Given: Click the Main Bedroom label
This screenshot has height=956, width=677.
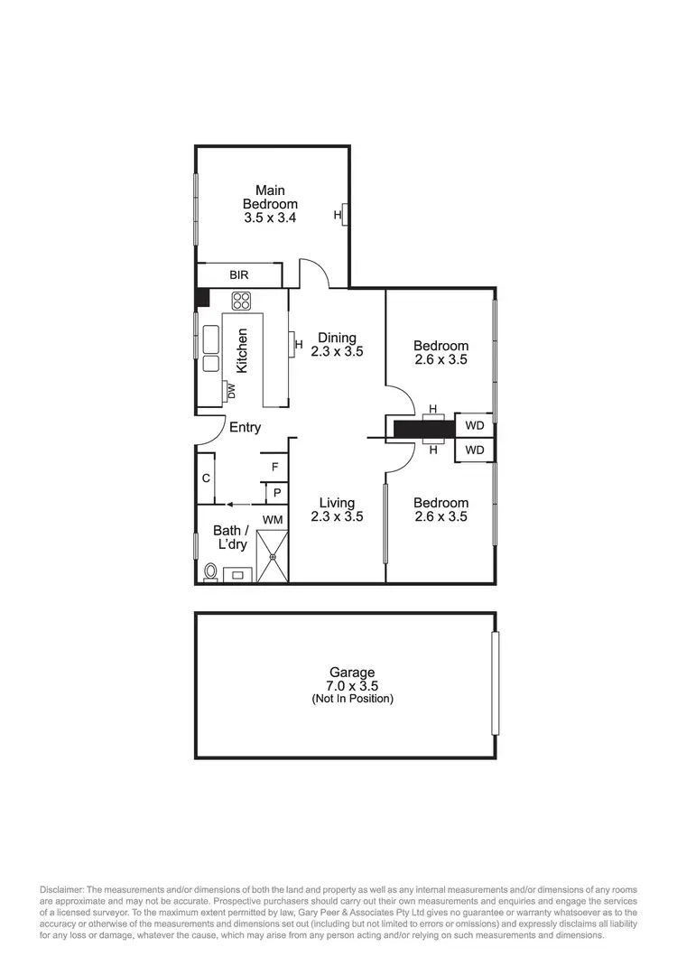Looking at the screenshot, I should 270,198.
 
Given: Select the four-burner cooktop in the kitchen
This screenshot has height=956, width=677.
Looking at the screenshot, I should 241,301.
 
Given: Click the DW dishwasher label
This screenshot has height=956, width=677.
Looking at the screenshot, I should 231,391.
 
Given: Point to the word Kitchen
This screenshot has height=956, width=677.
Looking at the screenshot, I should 242,351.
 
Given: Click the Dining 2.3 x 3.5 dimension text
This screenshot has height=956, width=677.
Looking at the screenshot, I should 337,353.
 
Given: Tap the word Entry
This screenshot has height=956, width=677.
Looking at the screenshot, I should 245,427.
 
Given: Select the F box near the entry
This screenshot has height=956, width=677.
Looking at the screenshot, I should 274,467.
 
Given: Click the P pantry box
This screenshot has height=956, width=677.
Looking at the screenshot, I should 276,493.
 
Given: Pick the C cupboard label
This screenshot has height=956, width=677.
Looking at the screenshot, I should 206,478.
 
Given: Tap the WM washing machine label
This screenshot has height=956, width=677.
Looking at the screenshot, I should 272,520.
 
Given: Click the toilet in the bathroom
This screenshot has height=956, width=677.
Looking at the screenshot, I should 210,571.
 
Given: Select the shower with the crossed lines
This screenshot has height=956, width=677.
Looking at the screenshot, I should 272,555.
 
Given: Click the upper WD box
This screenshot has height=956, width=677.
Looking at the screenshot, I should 475,425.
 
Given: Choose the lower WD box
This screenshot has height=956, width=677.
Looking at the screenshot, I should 475,449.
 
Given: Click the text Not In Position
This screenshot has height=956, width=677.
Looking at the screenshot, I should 352,700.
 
